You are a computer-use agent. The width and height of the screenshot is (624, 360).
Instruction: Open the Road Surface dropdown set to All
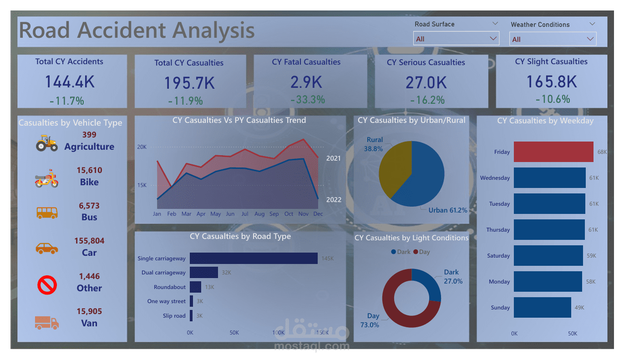pyautogui.click(x=456, y=39)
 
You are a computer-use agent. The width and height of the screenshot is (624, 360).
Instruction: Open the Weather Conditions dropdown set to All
pyautogui.click(x=553, y=39)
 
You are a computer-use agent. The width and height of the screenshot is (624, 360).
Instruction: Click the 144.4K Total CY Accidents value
pyautogui.click(x=70, y=82)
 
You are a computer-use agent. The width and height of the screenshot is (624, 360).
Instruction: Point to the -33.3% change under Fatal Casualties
pyautogui.click(x=308, y=99)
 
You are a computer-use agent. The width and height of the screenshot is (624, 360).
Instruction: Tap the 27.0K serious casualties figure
pyautogui.click(x=426, y=83)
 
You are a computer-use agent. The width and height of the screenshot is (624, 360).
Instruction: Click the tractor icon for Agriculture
pyautogui.click(x=46, y=143)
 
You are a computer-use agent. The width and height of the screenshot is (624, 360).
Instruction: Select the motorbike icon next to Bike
pyautogui.click(x=46, y=178)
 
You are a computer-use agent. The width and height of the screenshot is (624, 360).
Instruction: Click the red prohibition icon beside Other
pyautogui.click(x=46, y=285)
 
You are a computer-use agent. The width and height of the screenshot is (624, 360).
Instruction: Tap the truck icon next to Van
pyautogui.click(x=46, y=323)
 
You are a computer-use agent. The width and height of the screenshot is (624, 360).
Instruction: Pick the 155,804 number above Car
pyautogui.click(x=89, y=241)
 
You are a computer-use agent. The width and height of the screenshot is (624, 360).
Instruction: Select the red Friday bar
pyautogui.click(x=553, y=152)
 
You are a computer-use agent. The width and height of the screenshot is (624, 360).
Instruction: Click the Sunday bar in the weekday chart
pyautogui.click(x=542, y=308)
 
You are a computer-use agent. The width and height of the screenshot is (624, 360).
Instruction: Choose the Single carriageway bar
pyautogui.click(x=254, y=259)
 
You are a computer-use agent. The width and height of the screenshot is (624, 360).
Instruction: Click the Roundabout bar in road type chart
pyautogui.click(x=195, y=287)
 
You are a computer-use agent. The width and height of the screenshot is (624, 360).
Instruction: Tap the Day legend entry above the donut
pyautogui.click(x=421, y=252)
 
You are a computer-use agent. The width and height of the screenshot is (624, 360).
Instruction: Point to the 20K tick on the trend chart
pyautogui.click(x=142, y=147)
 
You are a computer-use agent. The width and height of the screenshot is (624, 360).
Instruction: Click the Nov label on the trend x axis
pyautogui.click(x=304, y=214)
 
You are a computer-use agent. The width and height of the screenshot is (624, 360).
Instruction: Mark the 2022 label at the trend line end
pyautogui.click(x=334, y=199)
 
